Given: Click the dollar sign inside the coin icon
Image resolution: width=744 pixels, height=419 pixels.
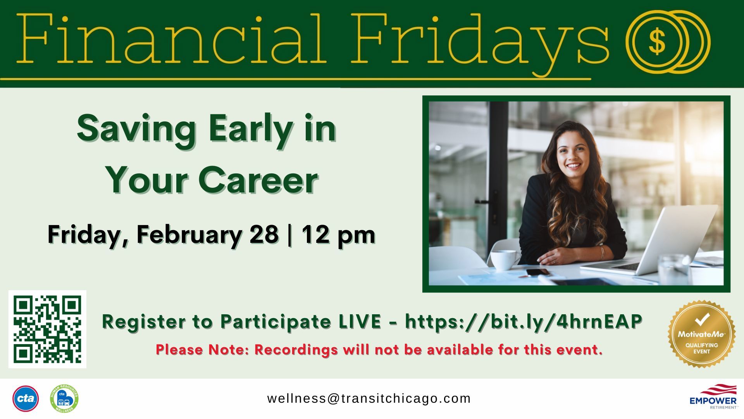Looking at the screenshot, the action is coord(657,42).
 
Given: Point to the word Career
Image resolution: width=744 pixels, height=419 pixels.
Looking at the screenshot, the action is coord(258,180).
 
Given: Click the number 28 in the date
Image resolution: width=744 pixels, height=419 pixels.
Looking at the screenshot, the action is coord(264,234).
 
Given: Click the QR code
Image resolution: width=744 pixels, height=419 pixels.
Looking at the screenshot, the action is coord(47,329).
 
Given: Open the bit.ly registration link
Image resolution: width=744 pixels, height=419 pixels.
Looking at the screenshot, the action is coord(524,322).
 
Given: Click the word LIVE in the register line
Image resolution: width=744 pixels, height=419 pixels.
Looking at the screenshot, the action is coord(360,322).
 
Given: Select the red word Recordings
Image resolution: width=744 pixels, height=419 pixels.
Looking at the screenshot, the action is coord(296,350).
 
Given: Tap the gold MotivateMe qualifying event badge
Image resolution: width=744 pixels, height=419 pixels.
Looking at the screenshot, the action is coord(701,334).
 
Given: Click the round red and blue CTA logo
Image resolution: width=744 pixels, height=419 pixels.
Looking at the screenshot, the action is coord(26,398).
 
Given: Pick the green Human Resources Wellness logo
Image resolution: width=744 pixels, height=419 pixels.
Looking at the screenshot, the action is coord(64,398).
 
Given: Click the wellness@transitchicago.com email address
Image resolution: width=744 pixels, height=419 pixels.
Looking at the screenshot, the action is coord(369,398).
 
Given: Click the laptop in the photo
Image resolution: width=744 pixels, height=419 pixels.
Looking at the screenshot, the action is coord(651,242).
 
